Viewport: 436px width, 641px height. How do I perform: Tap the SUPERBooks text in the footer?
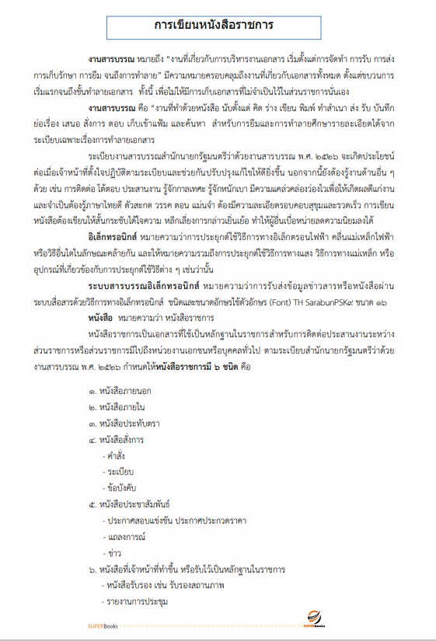(102, 624)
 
